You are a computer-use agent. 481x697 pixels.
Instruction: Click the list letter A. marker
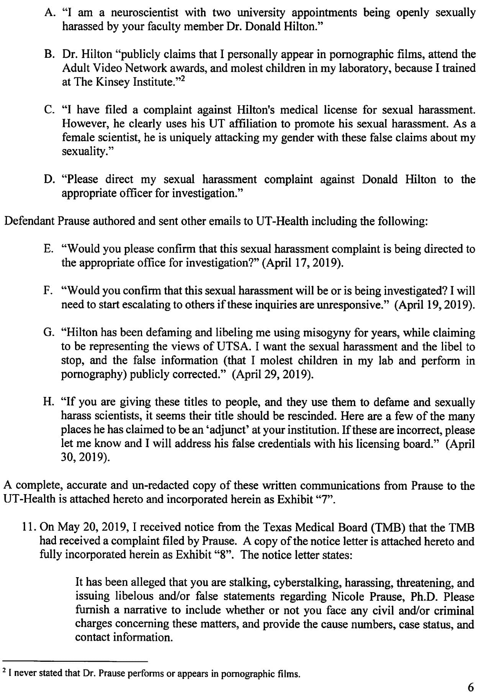[50, 13]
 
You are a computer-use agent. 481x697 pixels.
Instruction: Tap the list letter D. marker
[50, 180]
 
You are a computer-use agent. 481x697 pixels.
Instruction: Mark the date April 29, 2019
[273, 374]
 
